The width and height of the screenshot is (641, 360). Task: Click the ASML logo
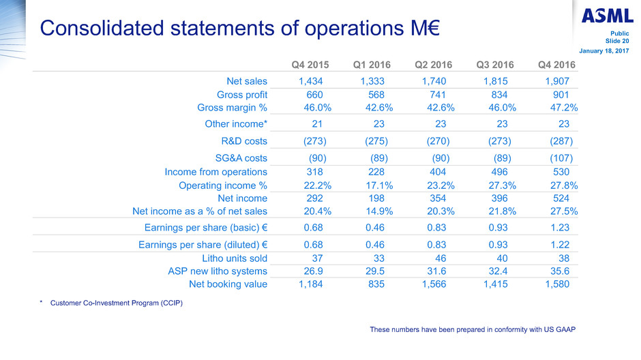[x=608, y=14]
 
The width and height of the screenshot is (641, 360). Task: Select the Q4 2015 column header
[x=310, y=65]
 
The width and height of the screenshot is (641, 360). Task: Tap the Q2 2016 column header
[x=434, y=65]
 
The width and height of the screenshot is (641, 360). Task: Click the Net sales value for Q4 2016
[x=556, y=82]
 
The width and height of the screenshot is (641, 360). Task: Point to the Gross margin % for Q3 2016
[x=496, y=107]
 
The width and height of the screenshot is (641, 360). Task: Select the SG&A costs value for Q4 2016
[x=558, y=158]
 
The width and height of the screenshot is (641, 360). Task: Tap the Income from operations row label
[x=216, y=172]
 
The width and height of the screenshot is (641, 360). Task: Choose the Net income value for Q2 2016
[x=437, y=198]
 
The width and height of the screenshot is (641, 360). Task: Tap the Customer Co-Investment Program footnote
[x=116, y=303]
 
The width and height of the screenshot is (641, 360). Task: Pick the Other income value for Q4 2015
[x=316, y=124]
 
